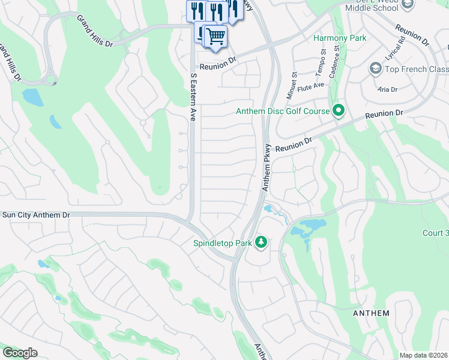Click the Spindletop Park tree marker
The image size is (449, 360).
click(261, 242)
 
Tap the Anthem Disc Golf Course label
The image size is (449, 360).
click(282, 111)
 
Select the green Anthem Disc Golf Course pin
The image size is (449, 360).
click(339, 110)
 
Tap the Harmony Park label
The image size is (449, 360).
click(340, 38)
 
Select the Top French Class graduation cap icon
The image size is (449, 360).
click(376, 68)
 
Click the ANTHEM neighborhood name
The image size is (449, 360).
click(371, 313)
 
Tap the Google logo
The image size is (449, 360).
click(20, 353)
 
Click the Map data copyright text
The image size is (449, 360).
click(423, 355)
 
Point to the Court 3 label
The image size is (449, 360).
click(435, 233)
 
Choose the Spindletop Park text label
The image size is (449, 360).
click(221, 243)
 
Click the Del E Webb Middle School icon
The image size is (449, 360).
click(408, 4)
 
